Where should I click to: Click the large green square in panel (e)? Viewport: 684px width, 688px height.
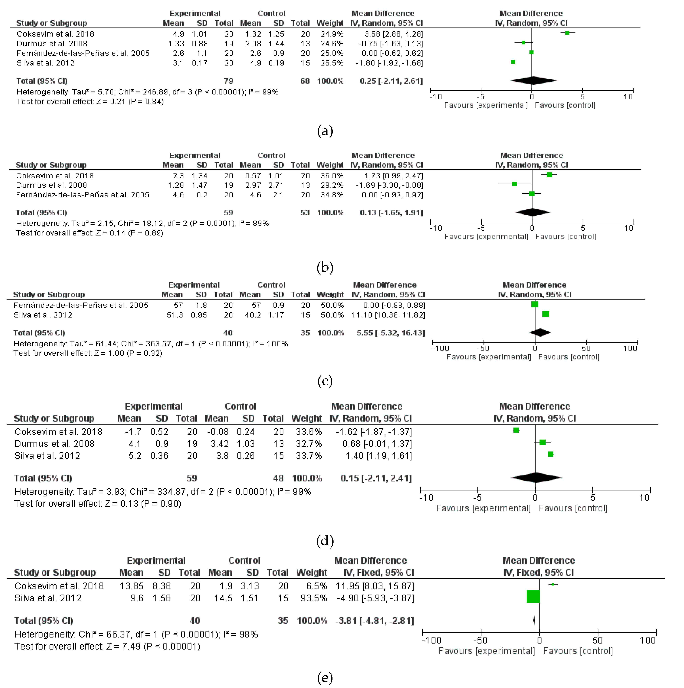(x=533, y=596)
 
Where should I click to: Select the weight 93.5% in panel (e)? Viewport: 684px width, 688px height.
(x=314, y=598)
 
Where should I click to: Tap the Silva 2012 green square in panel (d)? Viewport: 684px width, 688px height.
(x=551, y=454)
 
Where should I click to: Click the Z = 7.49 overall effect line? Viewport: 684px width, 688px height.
(x=107, y=646)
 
